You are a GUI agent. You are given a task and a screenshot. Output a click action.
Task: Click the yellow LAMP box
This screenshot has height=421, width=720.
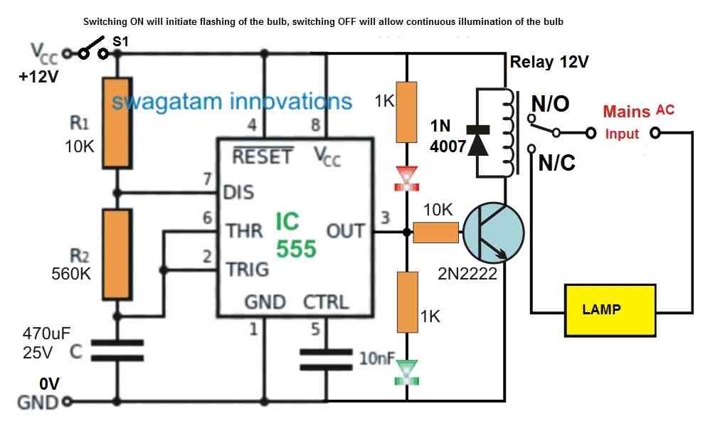610,309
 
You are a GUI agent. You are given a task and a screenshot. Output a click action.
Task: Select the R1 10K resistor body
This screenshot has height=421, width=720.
118,122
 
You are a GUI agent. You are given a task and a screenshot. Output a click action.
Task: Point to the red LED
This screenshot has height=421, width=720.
407,178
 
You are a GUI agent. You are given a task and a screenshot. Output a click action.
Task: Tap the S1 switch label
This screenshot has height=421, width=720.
120,43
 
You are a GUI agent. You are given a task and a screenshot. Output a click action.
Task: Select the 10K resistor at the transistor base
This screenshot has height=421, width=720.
435,232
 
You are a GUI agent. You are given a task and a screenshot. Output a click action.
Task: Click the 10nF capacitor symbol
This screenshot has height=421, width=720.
326,359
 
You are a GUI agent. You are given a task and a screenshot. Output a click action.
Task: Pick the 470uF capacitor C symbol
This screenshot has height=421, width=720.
118,351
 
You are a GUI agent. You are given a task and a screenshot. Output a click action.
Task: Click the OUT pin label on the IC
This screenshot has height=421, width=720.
345,231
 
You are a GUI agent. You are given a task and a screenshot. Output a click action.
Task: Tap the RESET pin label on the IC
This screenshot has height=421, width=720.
262,156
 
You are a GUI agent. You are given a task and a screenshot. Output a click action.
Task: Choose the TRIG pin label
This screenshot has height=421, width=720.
247,270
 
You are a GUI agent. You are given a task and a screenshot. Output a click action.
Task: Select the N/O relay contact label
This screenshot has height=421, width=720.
550,104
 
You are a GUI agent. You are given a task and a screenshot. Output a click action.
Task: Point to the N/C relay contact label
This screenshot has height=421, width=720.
556,164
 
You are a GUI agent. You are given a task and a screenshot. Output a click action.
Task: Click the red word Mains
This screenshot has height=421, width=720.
626,112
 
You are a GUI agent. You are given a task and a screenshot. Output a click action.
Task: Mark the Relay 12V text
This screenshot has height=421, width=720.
549,62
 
